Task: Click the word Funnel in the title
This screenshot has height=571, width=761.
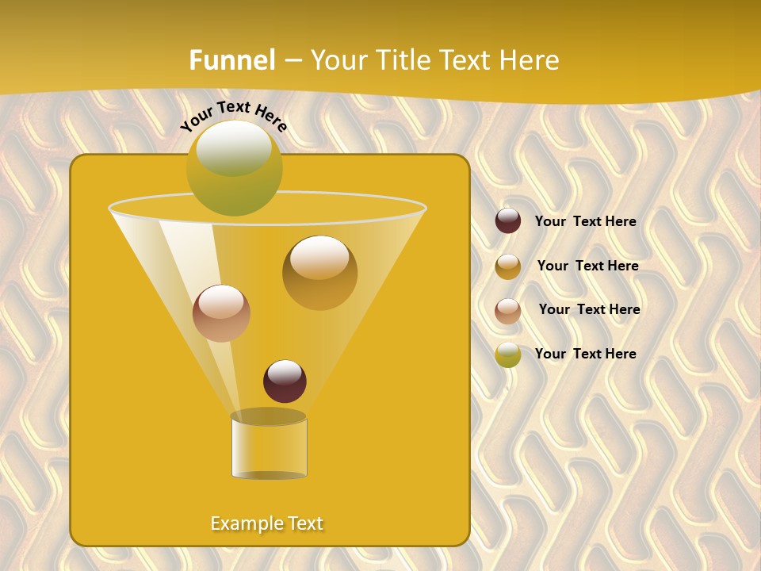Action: point(231,60)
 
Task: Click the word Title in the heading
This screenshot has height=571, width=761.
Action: point(396,60)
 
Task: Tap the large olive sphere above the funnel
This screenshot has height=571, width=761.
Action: point(234,168)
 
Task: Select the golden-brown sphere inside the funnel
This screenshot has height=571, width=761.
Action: point(319,273)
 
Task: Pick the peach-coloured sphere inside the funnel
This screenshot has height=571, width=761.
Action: point(221,313)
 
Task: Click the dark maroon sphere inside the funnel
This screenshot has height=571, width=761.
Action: point(285,381)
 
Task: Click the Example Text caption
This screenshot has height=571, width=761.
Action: point(266,523)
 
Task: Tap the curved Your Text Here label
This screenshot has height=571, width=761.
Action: point(233,116)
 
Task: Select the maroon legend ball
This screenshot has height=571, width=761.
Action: point(508,220)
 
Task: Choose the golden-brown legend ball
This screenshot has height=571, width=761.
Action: point(508,266)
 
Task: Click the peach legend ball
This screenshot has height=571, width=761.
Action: point(508,311)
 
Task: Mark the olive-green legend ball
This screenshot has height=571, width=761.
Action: point(508,354)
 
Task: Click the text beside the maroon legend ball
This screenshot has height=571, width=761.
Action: point(585,222)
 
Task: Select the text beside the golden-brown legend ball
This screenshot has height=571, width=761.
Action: point(587,266)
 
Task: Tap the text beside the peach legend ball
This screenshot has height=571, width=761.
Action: point(589,309)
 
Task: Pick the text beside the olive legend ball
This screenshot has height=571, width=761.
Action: point(585,354)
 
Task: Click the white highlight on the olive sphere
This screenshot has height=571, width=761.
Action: point(233,148)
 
